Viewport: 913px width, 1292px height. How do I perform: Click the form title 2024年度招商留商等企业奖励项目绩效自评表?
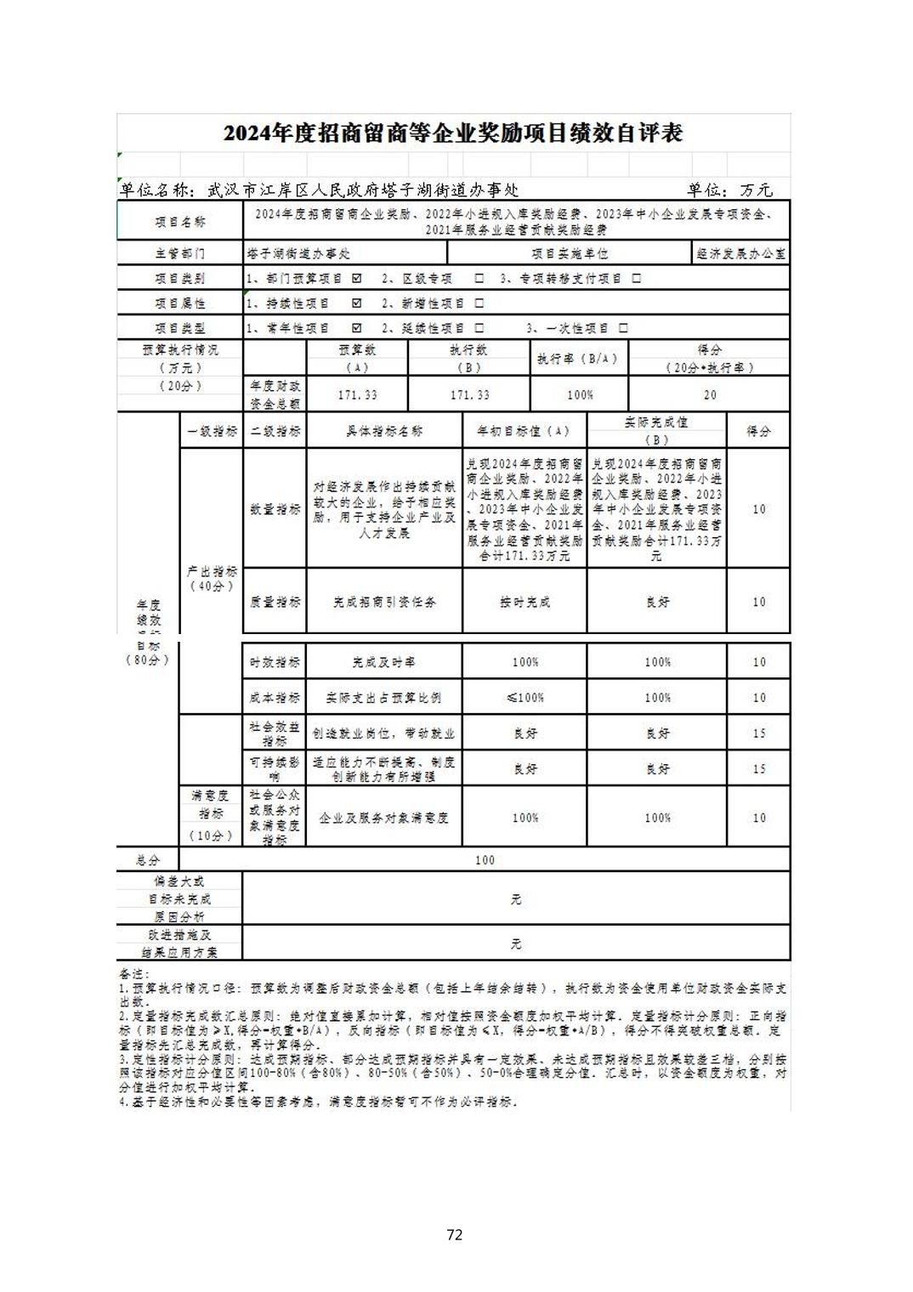[x=453, y=134]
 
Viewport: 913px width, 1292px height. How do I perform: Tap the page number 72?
[x=454, y=1234]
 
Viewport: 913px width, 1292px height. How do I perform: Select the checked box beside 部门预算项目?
[x=356, y=278]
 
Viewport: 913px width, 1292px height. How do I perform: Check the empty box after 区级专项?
[x=479, y=278]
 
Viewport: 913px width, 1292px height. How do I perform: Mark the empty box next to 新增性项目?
[x=479, y=303]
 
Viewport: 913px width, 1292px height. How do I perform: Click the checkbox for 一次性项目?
[x=623, y=327]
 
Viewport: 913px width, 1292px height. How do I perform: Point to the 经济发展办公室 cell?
[x=740, y=253]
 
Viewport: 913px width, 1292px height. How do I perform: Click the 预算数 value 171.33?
[x=357, y=394]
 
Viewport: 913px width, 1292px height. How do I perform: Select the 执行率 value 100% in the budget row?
[x=579, y=394]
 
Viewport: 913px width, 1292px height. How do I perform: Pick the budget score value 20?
[x=709, y=394]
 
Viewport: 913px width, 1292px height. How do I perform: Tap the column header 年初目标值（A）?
[x=524, y=431]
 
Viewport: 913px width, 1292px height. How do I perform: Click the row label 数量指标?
[x=275, y=509]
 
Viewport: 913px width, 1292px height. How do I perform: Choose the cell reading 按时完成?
[x=525, y=602]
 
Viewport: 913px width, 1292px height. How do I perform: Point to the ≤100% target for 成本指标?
[x=525, y=698]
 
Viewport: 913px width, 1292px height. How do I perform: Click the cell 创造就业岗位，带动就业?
[x=383, y=733]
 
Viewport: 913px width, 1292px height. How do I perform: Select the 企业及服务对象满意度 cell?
[x=383, y=818]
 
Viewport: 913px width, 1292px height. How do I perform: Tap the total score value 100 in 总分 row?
[x=485, y=860]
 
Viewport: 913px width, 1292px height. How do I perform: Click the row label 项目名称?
[x=180, y=222]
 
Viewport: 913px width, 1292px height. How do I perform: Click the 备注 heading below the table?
[x=133, y=973]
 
